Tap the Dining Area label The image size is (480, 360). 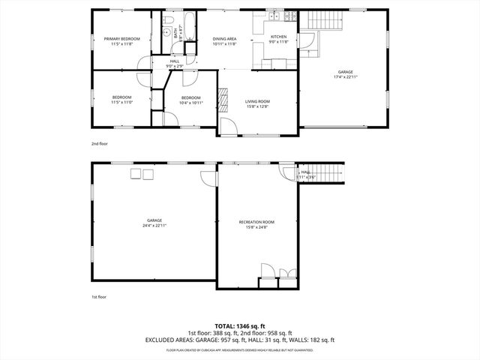(x=225, y=40)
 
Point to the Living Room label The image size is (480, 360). (x=257, y=104)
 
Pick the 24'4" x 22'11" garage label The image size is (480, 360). (x=154, y=223)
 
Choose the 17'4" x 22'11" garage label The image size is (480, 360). (x=345, y=75)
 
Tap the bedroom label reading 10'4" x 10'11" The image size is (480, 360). (x=190, y=100)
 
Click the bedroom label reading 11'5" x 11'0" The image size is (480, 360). (x=121, y=100)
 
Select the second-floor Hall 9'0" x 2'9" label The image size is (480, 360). (x=174, y=64)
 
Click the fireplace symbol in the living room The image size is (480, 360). (x=223, y=97)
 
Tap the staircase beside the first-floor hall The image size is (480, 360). (x=328, y=173)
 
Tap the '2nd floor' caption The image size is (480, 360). (x=100, y=142)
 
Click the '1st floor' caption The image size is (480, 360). (x=99, y=297)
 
